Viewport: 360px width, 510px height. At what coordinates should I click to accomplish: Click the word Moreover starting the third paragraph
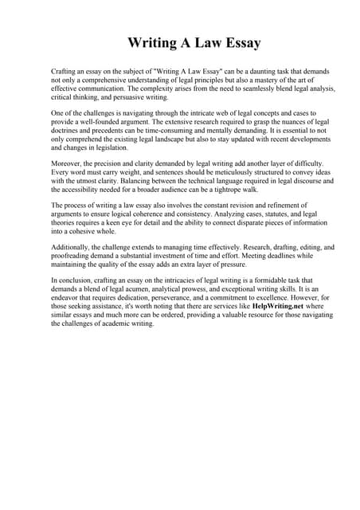pyautogui.click(x=67, y=164)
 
